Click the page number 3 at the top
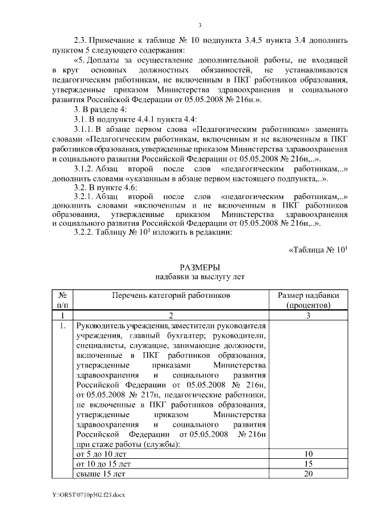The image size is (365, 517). (200, 24)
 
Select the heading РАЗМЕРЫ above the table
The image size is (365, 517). (200, 267)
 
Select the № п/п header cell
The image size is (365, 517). (62, 300)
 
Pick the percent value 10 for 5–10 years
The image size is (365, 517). (307, 454)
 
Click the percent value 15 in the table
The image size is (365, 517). (307, 463)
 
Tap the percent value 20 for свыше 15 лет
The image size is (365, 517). (307, 473)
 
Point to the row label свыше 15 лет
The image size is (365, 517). (97, 473)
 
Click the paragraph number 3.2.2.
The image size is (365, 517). (87, 232)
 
